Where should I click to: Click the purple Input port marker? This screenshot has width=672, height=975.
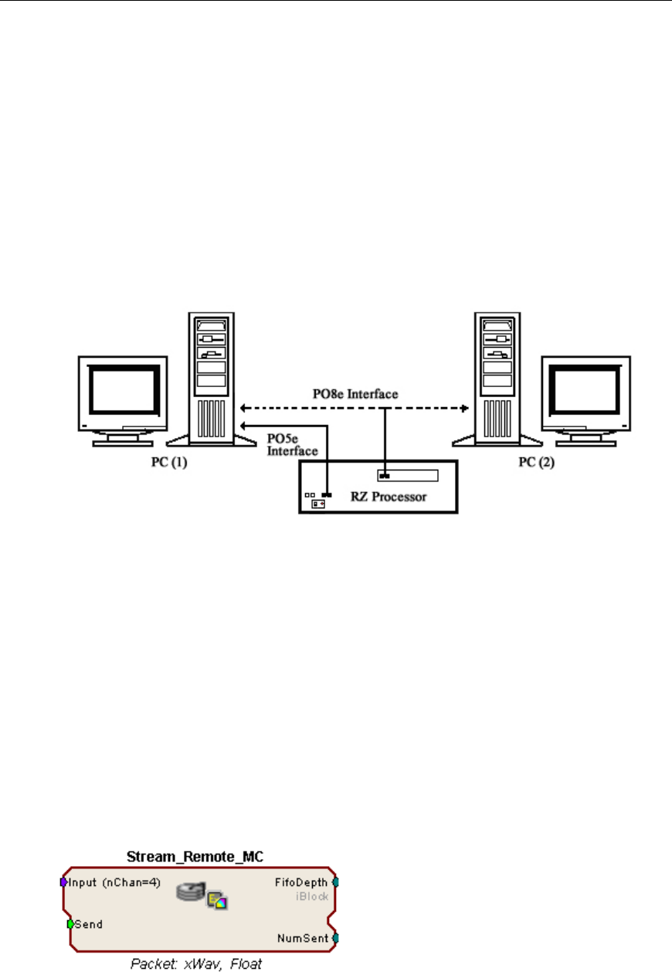pos(63,882)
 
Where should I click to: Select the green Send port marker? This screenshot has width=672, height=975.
pos(70,923)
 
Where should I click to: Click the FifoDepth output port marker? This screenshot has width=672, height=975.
pos(335,882)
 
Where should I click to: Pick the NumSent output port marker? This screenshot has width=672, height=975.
pos(335,938)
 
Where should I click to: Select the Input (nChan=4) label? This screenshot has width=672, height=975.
pos(114,882)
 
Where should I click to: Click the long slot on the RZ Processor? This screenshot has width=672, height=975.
pos(408,475)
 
